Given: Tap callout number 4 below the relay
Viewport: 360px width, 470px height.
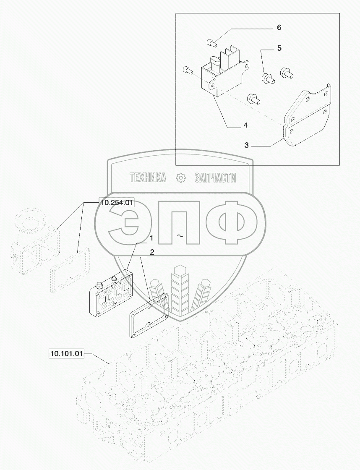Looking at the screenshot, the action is pyautogui.click(x=245, y=125).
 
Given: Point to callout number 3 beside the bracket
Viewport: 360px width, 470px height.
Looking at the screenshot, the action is pyautogui.click(x=247, y=145).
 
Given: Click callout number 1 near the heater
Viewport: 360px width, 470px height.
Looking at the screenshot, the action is pyautogui.click(x=151, y=238).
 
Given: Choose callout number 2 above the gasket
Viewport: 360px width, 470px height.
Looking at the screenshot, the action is pyautogui.click(x=151, y=252).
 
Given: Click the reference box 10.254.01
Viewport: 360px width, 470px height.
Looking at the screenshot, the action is pyautogui.click(x=116, y=204).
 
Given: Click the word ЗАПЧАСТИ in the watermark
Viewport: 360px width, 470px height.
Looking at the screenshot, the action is pyautogui.click(x=215, y=178).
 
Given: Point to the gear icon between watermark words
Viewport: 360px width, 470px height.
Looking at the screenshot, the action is pyautogui.click(x=180, y=178).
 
